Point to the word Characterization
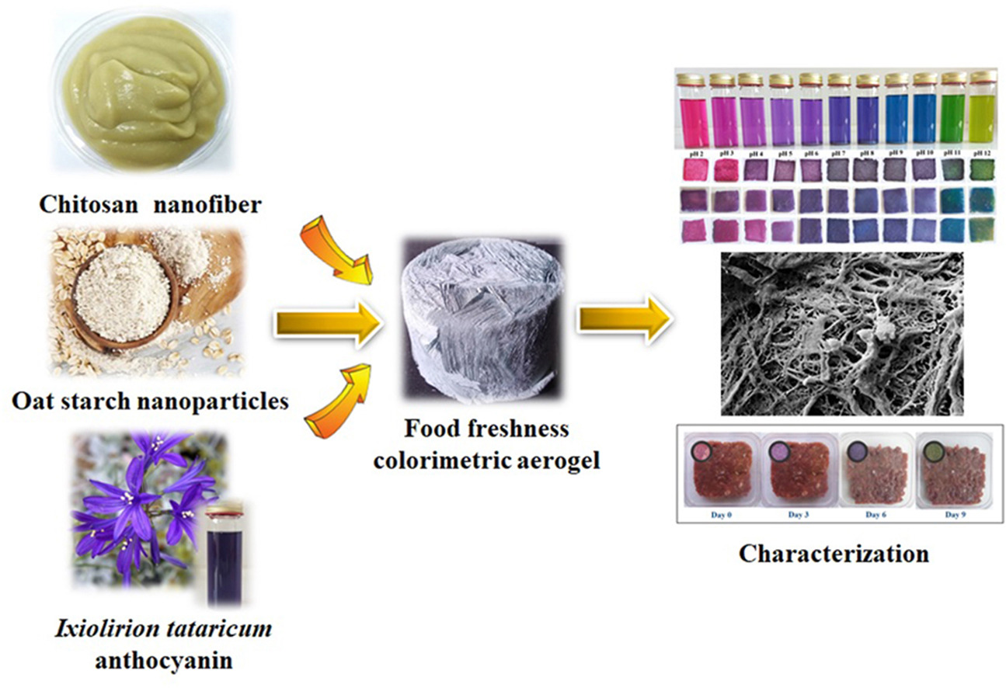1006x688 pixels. point(833,554)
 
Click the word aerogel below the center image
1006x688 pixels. point(551,459)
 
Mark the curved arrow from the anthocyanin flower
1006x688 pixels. point(340,399)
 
